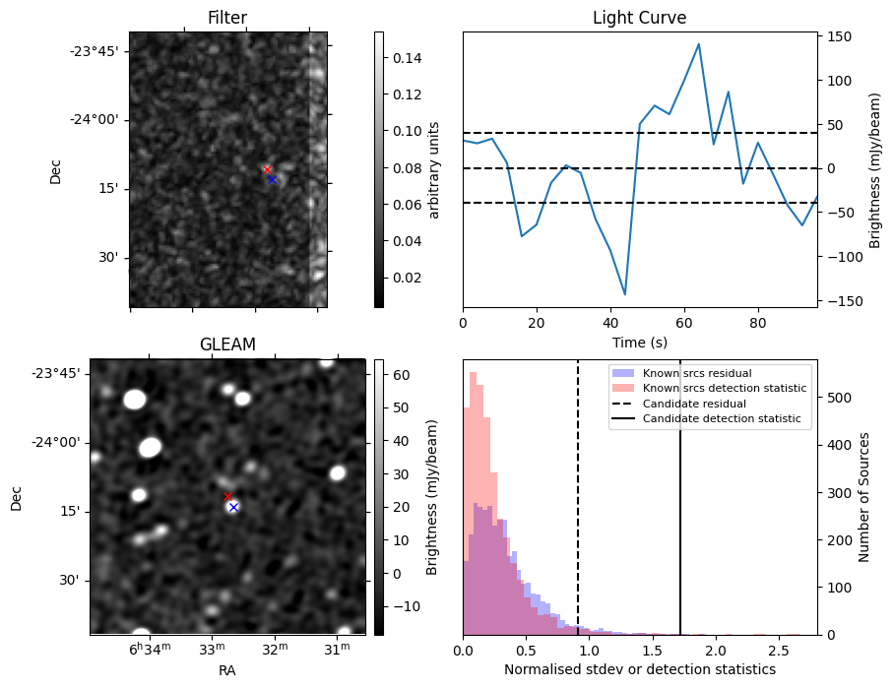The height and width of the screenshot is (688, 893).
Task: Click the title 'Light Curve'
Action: (639, 18)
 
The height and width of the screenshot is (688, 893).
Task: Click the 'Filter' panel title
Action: (227, 18)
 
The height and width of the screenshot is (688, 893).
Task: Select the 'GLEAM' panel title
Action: (227, 344)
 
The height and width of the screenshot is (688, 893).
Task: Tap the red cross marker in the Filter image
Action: (267, 170)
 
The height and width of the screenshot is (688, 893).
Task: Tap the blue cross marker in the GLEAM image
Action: (233, 507)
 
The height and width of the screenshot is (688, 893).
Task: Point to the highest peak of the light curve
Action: (698, 44)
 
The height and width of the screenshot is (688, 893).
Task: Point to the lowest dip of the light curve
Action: (624, 294)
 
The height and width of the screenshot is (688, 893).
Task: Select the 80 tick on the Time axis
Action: (757, 323)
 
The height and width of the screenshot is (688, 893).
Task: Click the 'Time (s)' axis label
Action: (639, 342)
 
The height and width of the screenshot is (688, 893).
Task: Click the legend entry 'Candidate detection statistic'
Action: (722, 419)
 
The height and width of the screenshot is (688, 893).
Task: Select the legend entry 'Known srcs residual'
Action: (696, 373)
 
